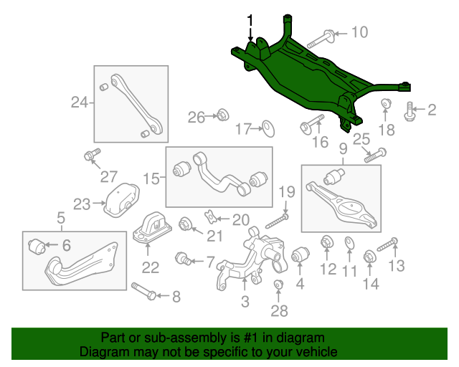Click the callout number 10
click(x=359, y=32)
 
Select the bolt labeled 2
click(x=409, y=112)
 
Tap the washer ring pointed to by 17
click(x=268, y=128)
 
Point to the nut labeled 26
click(x=223, y=115)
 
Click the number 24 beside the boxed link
click(x=80, y=103)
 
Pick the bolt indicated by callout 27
click(x=93, y=154)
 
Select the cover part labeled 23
click(x=121, y=201)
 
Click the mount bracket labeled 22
click(x=152, y=228)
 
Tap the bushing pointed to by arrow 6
click(x=37, y=247)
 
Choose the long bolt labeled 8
click(x=143, y=291)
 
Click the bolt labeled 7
click(x=183, y=258)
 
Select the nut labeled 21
click(x=185, y=224)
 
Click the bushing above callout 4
click(x=301, y=254)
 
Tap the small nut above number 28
click(x=278, y=284)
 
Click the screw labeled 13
click(x=387, y=244)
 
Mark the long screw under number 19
click(x=277, y=221)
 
